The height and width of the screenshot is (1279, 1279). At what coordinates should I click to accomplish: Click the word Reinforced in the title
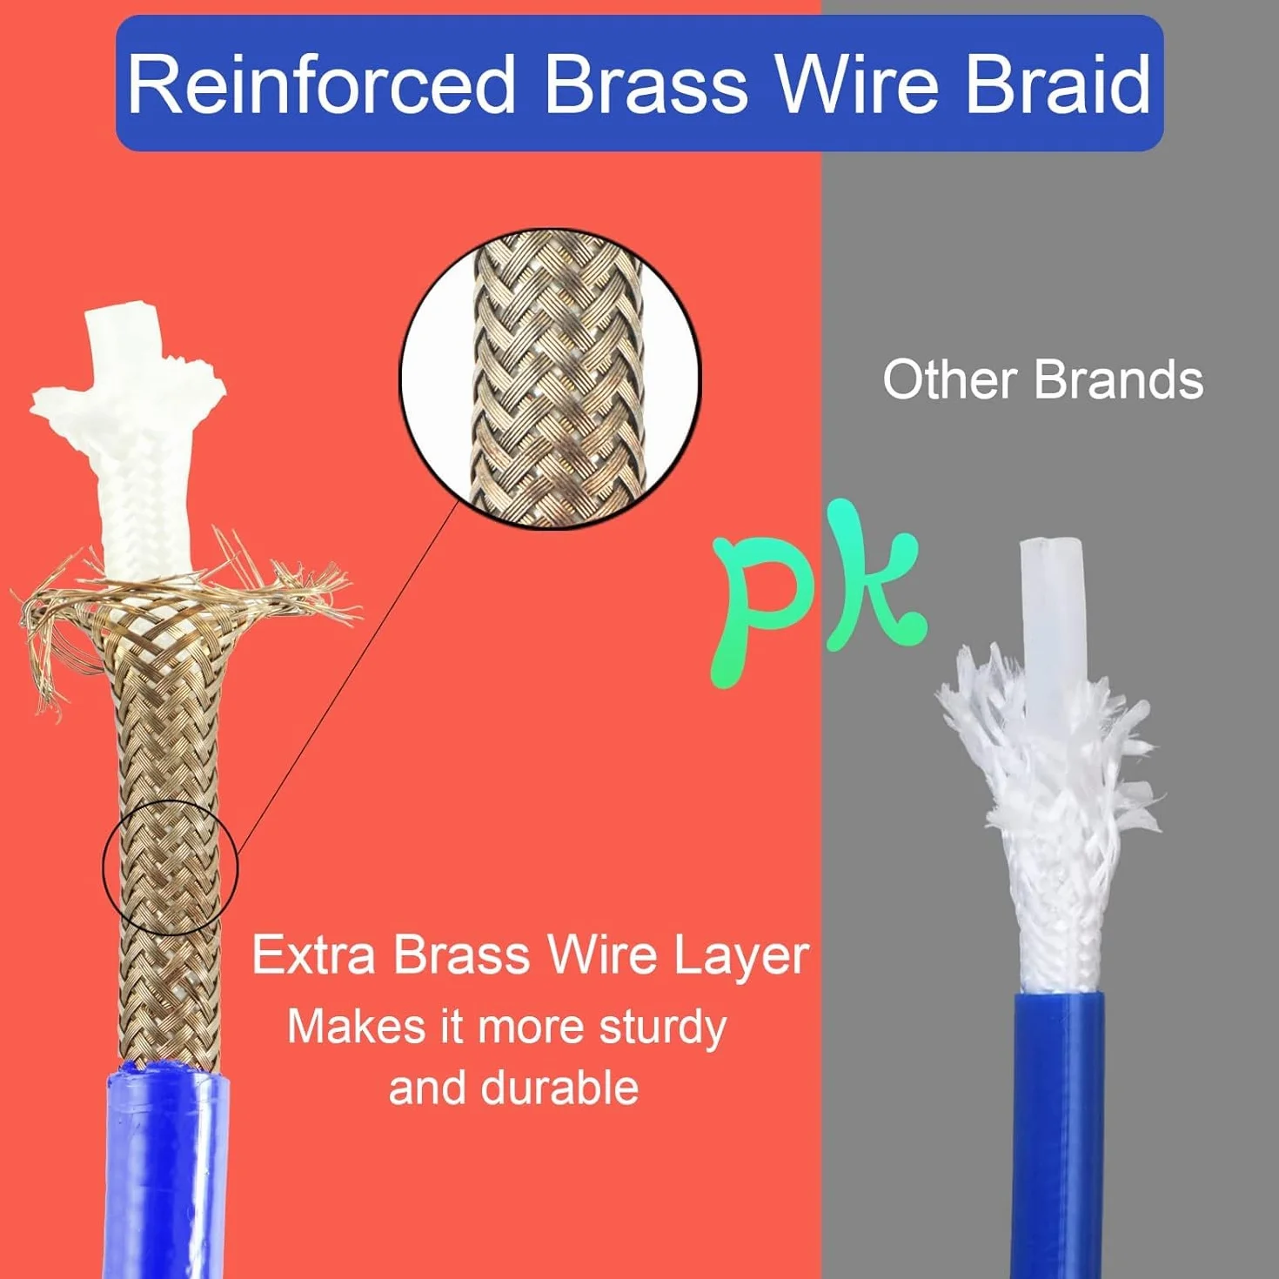[320, 85]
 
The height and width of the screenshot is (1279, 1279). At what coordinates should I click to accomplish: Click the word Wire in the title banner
[858, 85]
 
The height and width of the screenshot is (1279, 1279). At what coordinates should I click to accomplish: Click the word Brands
[1118, 380]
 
